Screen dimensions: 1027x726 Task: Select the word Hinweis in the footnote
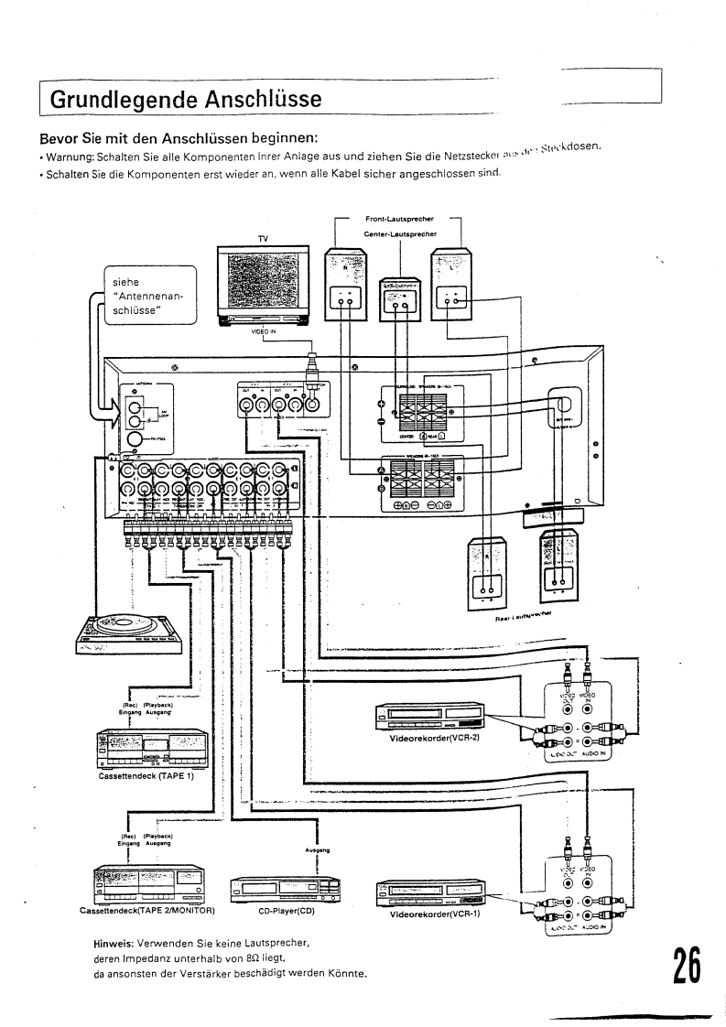click(114, 942)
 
